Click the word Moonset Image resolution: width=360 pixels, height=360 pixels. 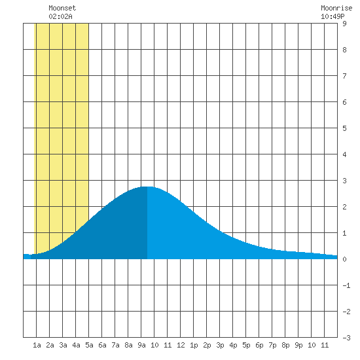tap(62, 8)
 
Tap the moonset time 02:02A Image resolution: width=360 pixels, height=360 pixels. tap(60, 16)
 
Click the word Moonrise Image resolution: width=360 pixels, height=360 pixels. tap(336, 8)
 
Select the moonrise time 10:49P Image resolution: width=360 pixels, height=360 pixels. tap(333, 16)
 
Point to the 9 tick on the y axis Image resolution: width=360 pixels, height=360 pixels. tap(344, 24)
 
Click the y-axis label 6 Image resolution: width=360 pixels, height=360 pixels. tap(344, 102)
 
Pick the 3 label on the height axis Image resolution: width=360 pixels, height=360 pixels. tap(344, 181)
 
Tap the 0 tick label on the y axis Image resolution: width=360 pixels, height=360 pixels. tap(344, 259)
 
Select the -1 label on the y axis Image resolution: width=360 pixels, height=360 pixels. tap(346, 285)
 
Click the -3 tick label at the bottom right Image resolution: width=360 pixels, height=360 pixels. tap(346, 338)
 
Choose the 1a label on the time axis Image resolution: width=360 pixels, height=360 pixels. tap(37, 345)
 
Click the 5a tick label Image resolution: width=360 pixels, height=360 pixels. tap(89, 345)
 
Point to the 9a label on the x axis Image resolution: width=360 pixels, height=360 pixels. tap(141, 345)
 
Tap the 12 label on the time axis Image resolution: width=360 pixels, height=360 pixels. tap(181, 345)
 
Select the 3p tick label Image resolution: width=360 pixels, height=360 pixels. tap(220, 345)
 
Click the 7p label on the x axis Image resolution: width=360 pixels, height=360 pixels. tap(272, 345)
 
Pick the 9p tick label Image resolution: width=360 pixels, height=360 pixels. tap(298, 345)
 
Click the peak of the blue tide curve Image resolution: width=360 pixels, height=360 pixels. tap(147, 187)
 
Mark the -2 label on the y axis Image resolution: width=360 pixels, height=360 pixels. tap(346, 312)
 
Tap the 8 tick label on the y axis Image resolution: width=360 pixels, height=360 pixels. tap(344, 50)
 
